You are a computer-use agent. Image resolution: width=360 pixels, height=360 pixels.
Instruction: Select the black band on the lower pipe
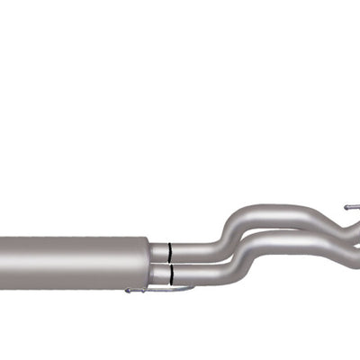(x=169, y=273)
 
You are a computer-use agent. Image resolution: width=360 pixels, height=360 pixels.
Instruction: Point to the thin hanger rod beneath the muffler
(x=157, y=290)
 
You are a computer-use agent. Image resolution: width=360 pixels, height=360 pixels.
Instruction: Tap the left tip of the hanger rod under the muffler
(x=128, y=290)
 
